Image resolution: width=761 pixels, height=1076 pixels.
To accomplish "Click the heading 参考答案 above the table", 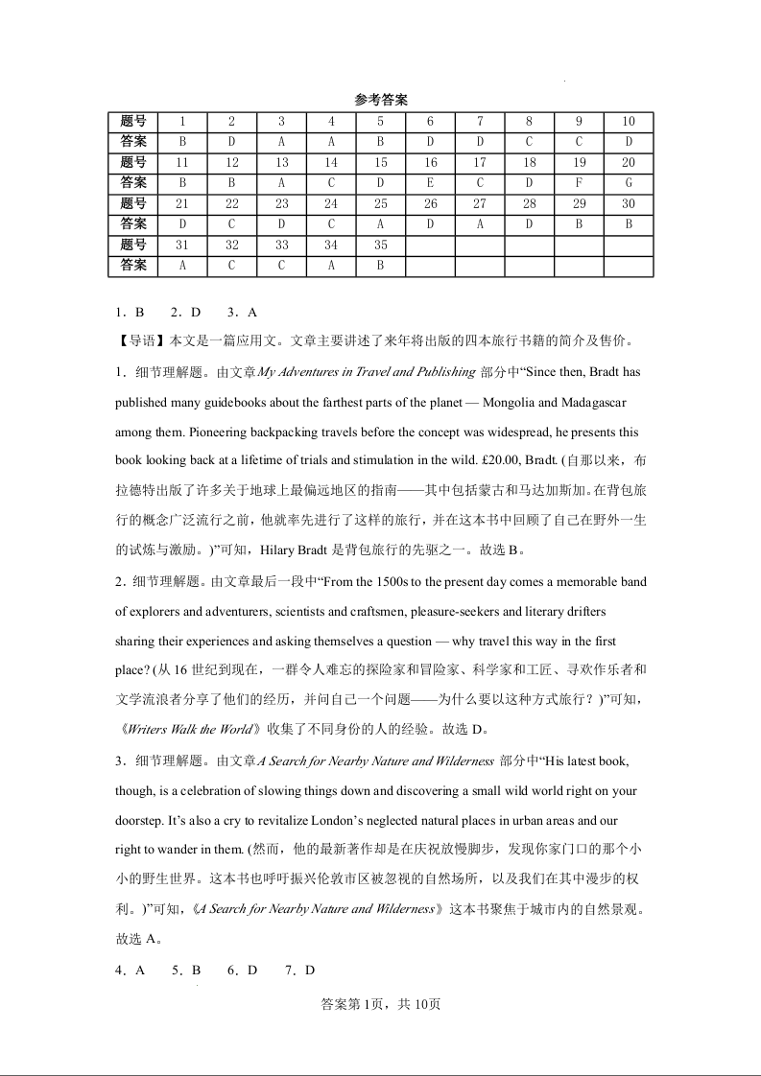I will (x=381, y=100).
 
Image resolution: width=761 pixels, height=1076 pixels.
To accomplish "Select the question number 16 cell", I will (x=430, y=163).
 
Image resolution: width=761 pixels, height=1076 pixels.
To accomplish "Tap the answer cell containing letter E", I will (x=430, y=183).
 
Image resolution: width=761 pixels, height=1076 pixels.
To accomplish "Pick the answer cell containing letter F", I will (x=579, y=183).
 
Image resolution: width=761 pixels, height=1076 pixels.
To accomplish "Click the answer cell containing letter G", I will (x=629, y=183).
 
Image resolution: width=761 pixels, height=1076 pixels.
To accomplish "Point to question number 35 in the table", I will (x=380, y=246).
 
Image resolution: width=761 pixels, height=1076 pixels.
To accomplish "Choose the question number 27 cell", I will (x=480, y=204).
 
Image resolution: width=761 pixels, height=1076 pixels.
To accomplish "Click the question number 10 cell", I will (x=629, y=122).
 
